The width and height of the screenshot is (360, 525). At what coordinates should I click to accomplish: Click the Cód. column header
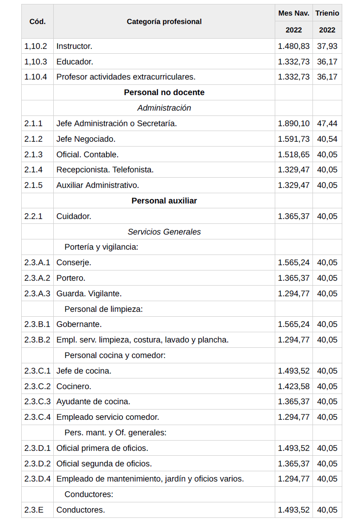(x=37, y=21)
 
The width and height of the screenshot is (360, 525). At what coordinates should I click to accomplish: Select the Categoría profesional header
(x=164, y=21)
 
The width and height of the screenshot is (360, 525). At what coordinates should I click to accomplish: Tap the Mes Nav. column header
(x=293, y=13)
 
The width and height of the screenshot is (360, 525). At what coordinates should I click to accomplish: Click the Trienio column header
(x=327, y=13)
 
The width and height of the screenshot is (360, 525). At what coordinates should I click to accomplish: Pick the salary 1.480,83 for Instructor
(x=293, y=46)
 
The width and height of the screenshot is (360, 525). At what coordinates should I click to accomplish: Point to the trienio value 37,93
(x=327, y=46)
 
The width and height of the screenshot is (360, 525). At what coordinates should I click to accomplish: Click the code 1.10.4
(x=36, y=77)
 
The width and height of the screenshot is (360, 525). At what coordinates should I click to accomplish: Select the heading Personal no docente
(x=164, y=92)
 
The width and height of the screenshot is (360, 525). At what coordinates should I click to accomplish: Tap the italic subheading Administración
(x=164, y=108)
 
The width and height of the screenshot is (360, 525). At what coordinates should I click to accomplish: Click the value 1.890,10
(x=293, y=123)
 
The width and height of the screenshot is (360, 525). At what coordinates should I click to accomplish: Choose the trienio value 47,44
(x=327, y=123)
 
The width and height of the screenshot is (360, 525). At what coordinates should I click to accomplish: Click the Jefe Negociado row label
(x=86, y=139)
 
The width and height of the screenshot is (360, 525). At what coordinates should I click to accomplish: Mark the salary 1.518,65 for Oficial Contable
(x=293, y=155)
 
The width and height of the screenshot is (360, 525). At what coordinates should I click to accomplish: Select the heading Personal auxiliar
(x=164, y=201)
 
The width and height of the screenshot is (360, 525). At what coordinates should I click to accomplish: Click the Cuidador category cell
(x=74, y=216)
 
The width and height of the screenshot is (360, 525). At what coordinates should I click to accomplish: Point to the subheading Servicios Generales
(x=164, y=232)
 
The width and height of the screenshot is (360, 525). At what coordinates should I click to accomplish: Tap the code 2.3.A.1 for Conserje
(x=37, y=262)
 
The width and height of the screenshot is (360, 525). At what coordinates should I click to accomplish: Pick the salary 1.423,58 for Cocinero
(x=293, y=386)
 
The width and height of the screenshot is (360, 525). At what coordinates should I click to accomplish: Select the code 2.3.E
(x=34, y=510)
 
